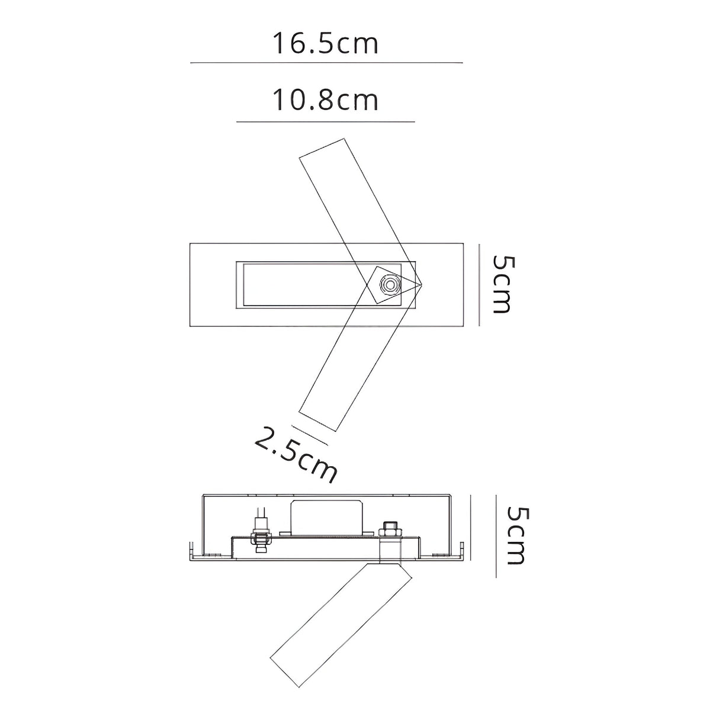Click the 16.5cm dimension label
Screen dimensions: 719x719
(x=325, y=44)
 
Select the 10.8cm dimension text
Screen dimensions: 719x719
(x=325, y=100)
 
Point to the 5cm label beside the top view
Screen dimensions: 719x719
(x=500, y=284)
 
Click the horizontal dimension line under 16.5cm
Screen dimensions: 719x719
(x=326, y=63)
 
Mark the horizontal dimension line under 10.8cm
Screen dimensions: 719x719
(x=326, y=121)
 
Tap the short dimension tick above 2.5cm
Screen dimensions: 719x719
(x=310, y=435)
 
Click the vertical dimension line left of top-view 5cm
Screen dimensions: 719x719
(x=479, y=285)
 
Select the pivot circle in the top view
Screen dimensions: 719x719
(x=390, y=285)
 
